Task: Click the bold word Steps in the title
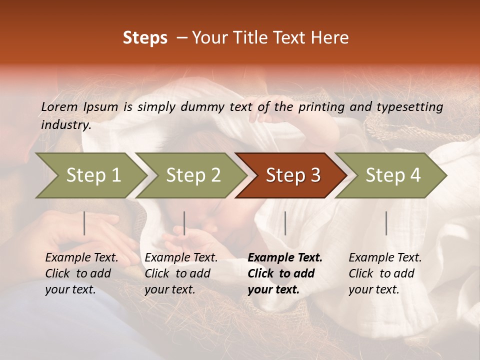point(145,38)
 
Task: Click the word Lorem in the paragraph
point(59,106)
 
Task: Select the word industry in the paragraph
point(65,125)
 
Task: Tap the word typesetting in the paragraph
point(409,107)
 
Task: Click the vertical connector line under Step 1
point(84,223)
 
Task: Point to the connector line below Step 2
point(184,223)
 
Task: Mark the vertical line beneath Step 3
point(285,223)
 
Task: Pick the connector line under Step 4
point(386,223)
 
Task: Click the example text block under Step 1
point(81,273)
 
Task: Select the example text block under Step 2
point(181,273)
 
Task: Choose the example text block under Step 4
point(385,273)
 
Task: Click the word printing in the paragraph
point(320,107)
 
